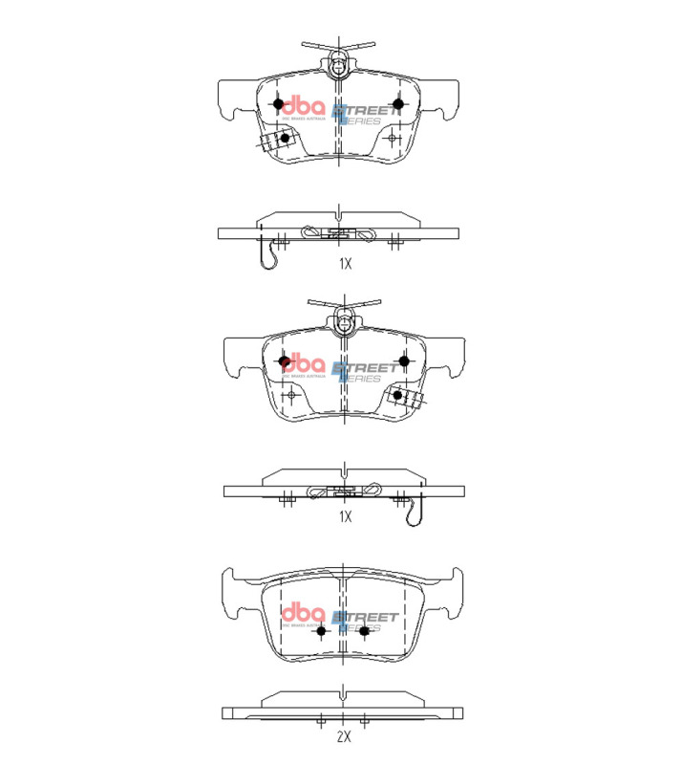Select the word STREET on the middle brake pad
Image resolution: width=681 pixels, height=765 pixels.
(367, 367)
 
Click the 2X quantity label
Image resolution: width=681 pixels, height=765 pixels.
(344, 737)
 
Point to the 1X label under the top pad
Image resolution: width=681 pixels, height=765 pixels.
(344, 262)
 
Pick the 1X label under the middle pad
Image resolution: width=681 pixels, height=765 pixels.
(344, 516)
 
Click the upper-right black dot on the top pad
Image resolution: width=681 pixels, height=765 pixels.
(398, 103)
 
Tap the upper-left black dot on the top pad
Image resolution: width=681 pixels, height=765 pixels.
(278, 103)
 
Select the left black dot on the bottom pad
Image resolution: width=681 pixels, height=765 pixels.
(321, 629)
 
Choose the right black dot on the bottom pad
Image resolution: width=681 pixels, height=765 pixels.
(364, 629)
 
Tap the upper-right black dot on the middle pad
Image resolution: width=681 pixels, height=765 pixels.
(404, 361)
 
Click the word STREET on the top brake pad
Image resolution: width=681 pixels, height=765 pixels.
(365, 111)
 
